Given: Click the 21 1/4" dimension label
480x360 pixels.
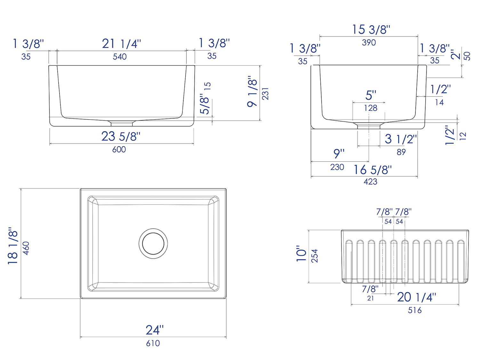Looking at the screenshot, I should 121,44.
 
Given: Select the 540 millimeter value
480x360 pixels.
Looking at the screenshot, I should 120,57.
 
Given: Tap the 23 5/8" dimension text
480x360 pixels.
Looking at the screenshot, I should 121,137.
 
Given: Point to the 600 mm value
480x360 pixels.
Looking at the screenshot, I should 119,149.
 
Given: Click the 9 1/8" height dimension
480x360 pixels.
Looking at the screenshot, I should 252,92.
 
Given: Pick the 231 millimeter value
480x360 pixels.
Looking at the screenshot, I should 265,93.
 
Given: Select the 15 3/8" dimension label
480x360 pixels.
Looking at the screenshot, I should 371,30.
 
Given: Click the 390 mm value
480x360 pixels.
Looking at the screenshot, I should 369,43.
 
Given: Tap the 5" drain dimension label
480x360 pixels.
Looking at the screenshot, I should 371,95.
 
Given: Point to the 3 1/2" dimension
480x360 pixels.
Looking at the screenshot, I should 401,139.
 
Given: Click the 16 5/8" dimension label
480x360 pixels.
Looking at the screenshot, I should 372,170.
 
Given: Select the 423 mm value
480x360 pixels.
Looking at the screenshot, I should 370,182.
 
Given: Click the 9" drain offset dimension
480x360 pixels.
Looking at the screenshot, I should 339,154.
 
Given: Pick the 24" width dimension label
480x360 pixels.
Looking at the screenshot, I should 155,330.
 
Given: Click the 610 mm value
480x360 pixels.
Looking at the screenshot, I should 153,343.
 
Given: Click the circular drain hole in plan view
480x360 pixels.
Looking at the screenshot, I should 153,244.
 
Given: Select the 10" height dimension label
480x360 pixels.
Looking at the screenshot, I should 301,254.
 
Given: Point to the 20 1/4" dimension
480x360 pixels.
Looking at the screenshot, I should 416,297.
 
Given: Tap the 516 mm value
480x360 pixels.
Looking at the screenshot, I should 415,310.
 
